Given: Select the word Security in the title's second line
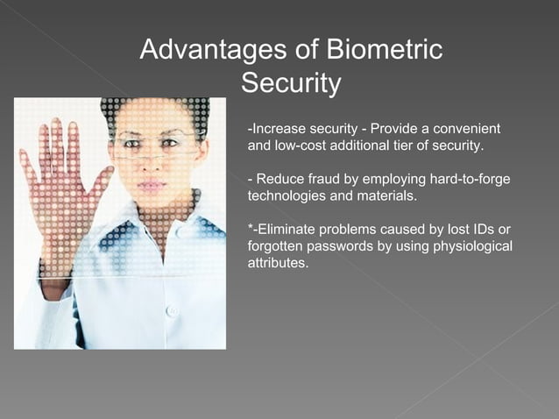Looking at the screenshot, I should [x=290, y=84].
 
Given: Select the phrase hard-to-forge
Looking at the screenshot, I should [x=470, y=181].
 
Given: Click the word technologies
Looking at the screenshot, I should [x=287, y=195].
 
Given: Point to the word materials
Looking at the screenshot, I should [x=386, y=195].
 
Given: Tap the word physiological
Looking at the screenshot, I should [x=474, y=246].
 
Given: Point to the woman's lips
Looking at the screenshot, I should [x=152, y=185].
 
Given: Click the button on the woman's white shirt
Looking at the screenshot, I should [x=172, y=310].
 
